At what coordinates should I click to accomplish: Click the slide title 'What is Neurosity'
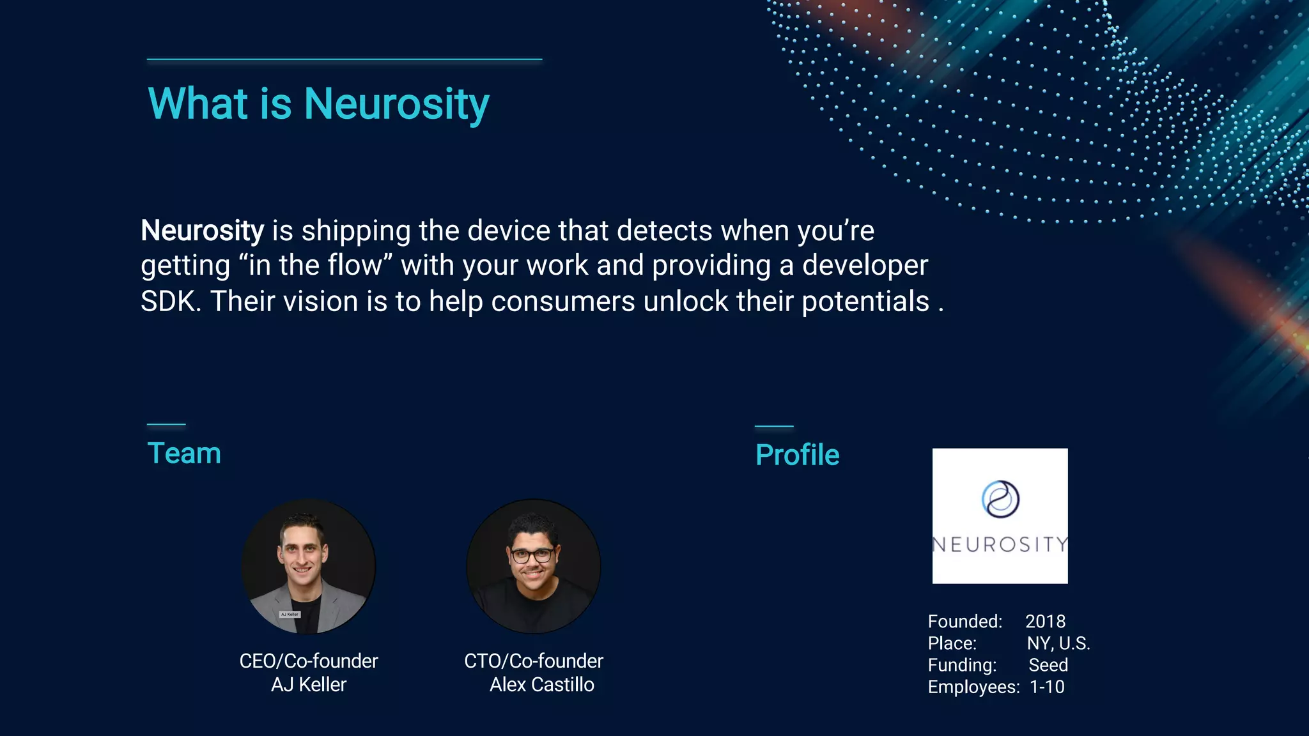pyautogui.click(x=318, y=103)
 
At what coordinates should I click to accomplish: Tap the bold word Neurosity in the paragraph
pyautogui.click(x=202, y=231)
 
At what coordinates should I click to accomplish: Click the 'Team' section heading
pyautogui.click(x=184, y=454)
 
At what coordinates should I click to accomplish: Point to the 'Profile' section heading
pyautogui.click(x=797, y=456)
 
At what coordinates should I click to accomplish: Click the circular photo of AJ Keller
pyautogui.click(x=309, y=566)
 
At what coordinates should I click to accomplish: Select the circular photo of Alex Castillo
pyautogui.click(x=534, y=566)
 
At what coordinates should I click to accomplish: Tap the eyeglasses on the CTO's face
pyautogui.click(x=532, y=555)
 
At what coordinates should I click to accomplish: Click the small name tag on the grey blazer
pyautogui.click(x=290, y=614)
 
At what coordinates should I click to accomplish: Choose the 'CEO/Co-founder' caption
pyautogui.click(x=309, y=661)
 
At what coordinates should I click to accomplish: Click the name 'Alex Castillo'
pyautogui.click(x=541, y=685)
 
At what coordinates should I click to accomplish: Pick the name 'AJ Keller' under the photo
pyautogui.click(x=309, y=685)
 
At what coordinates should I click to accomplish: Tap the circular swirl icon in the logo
pyautogui.click(x=1000, y=499)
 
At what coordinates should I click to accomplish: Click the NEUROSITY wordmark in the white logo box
pyautogui.click(x=1000, y=544)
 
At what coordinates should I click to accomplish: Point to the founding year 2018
pyautogui.click(x=1045, y=622)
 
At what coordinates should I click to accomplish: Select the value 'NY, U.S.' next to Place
pyautogui.click(x=1058, y=643)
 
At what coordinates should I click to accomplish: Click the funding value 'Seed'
pyautogui.click(x=1048, y=665)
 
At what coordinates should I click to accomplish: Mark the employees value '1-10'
pyautogui.click(x=1047, y=687)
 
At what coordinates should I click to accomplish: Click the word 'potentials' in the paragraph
pyautogui.click(x=865, y=302)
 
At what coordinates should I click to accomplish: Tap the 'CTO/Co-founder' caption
pyautogui.click(x=534, y=661)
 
